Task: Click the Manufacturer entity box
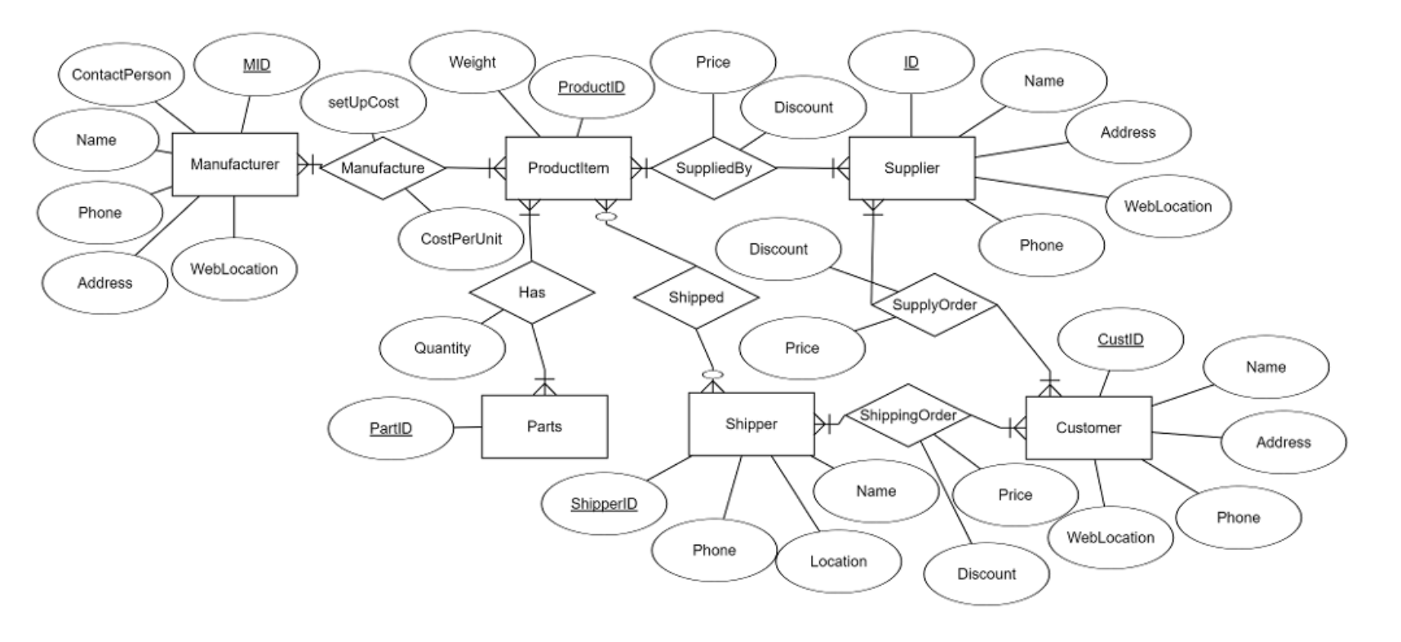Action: click(x=235, y=165)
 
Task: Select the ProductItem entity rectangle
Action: click(x=568, y=168)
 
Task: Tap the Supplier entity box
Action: click(x=911, y=168)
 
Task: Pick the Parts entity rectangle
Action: click(x=544, y=427)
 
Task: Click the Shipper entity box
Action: click(x=751, y=424)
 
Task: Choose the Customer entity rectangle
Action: click(x=1088, y=427)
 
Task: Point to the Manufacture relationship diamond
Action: click(x=383, y=168)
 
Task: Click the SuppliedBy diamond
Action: click(x=714, y=168)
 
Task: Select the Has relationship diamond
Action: click(x=532, y=292)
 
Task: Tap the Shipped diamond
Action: click(x=696, y=297)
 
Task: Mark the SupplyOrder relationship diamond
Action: click(x=934, y=304)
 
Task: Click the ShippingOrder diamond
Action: click(x=907, y=415)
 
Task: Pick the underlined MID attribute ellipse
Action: click(x=256, y=65)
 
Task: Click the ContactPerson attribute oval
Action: click(x=122, y=75)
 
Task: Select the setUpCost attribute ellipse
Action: click(x=363, y=103)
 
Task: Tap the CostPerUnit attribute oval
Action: click(x=461, y=239)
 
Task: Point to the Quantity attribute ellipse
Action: click(x=442, y=348)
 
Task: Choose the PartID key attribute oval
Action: click(x=390, y=428)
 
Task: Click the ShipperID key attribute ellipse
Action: click(x=604, y=504)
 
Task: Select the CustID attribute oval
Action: click(x=1119, y=339)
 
